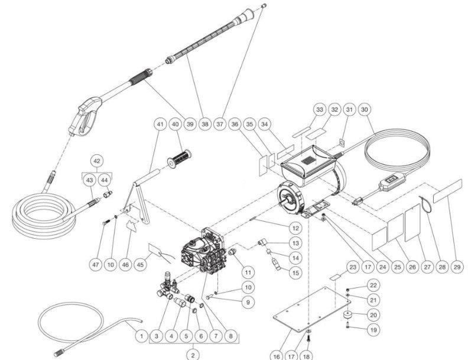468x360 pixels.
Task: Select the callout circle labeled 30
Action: click(x=364, y=110)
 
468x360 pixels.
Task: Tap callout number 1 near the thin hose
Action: click(x=141, y=336)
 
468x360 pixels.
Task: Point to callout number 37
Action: click(x=220, y=125)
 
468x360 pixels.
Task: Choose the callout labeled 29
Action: click(x=456, y=267)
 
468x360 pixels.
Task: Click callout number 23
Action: click(x=352, y=267)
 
